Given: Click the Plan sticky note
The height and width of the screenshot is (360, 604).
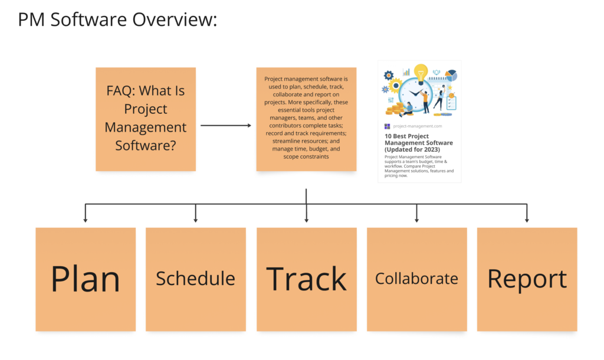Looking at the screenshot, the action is (x=86, y=279).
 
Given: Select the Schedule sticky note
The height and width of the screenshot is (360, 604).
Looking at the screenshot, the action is (x=196, y=279).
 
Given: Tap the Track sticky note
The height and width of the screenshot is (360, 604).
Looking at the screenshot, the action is (x=307, y=279).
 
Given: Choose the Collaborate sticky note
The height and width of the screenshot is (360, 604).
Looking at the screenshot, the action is (x=417, y=279).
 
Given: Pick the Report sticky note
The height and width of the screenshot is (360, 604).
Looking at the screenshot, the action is (x=527, y=279).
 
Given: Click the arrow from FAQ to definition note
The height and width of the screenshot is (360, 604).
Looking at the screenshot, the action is (x=226, y=125).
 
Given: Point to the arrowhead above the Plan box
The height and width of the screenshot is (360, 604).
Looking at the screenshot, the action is (x=86, y=220).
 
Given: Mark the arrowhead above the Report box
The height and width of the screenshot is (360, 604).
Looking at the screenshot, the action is (x=527, y=220).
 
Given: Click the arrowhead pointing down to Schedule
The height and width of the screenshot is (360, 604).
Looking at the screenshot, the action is (x=196, y=220).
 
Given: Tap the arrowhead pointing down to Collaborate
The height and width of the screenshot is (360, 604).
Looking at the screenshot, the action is (x=417, y=220).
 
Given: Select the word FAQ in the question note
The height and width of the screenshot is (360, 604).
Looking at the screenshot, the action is (x=121, y=90).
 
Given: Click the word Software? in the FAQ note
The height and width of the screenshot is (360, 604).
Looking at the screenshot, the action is (x=146, y=145).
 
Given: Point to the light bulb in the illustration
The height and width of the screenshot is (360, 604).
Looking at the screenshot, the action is (x=421, y=73).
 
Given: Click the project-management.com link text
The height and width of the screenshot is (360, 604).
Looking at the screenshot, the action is (x=418, y=126).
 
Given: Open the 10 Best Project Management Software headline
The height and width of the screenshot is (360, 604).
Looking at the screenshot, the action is (x=419, y=143).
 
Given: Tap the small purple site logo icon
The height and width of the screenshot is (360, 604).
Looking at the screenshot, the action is (x=387, y=126).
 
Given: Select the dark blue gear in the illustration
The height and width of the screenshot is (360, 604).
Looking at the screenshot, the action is (x=389, y=75).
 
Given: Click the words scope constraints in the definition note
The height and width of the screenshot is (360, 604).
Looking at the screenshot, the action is (x=306, y=156).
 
